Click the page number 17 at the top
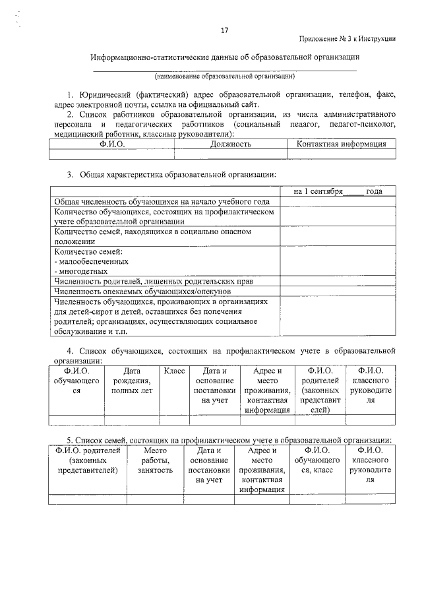(x=224, y=30)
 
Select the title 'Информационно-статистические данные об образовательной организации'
(x=225, y=57)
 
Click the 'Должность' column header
(x=230, y=144)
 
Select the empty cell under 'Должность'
(x=230, y=154)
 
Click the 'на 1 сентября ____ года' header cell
(x=338, y=191)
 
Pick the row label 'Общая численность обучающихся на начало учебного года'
(x=162, y=201)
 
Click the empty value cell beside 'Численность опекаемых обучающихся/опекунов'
(x=338, y=292)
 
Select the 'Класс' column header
(x=175, y=371)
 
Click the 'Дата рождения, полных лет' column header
(x=132, y=381)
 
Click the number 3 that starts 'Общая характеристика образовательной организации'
(x=69, y=174)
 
